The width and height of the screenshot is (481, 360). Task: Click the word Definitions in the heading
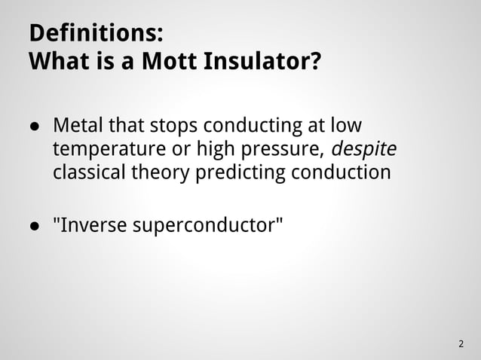[x=94, y=34]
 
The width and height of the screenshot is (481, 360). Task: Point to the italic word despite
[x=364, y=148]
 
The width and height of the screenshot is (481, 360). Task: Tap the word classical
[x=90, y=173]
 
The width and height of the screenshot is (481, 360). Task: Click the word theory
[x=161, y=173]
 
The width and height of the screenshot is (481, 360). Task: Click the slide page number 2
[x=461, y=344]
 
